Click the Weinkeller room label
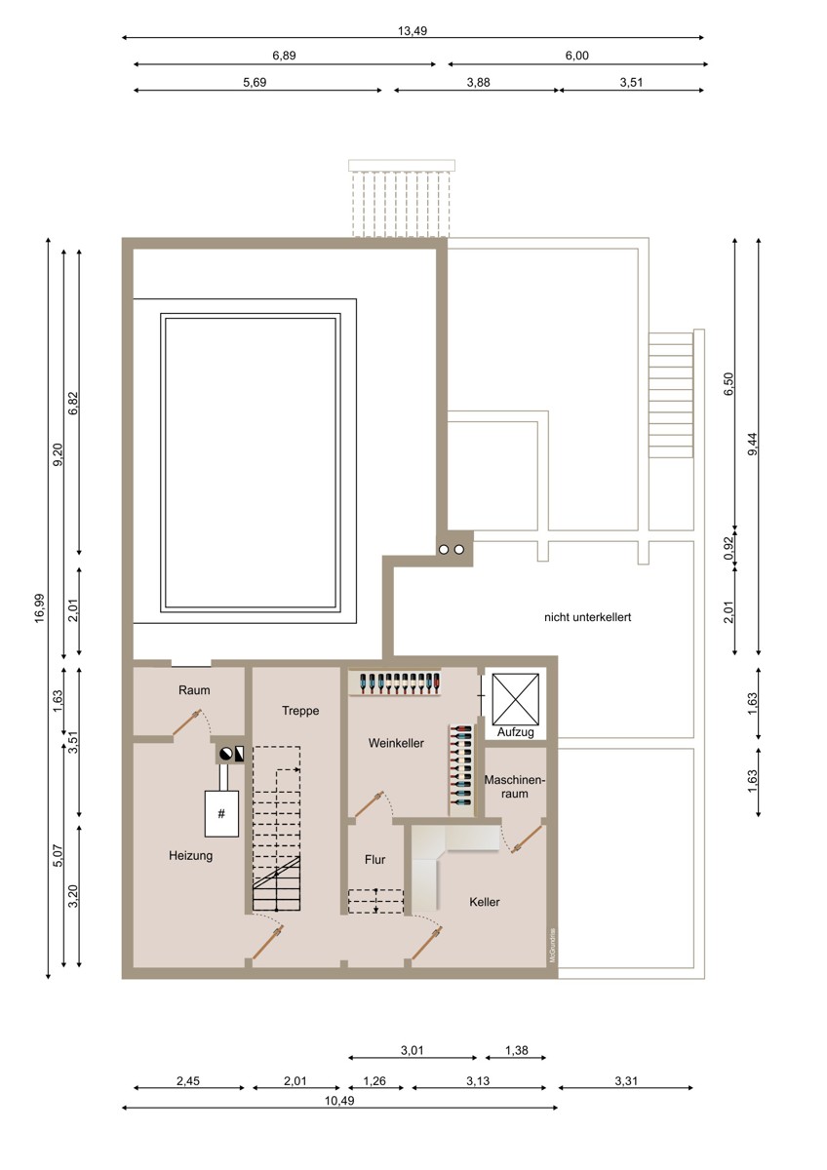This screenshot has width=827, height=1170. pyautogui.click(x=396, y=743)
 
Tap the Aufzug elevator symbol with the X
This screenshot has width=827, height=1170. pyautogui.click(x=515, y=699)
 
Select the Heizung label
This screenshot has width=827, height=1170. pyautogui.click(x=191, y=856)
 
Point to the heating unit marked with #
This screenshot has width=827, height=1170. pyautogui.click(x=221, y=813)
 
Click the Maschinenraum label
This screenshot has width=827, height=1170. pyautogui.click(x=515, y=787)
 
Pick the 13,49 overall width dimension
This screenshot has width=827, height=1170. pyautogui.click(x=413, y=31)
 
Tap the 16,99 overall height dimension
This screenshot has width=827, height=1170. pyautogui.click(x=40, y=608)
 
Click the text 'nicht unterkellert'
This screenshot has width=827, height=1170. pyautogui.click(x=588, y=617)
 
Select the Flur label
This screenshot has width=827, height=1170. pyautogui.click(x=375, y=859)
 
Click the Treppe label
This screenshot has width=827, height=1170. pyautogui.click(x=300, y=711)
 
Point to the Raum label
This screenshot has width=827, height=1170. pyautogui.click(x=194, y=690)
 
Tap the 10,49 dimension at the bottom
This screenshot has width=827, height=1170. pyautogui.click(x=339, y=1101)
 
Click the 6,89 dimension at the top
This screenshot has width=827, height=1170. pyautogui.click(x=284, y=56)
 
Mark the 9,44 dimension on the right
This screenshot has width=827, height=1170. pyautogui.click(x=752, y=445)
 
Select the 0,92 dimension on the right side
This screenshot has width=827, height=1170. pyautogui.click(x=729, y=548)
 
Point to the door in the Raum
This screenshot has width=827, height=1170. pyautogui.click(x=186, y=722)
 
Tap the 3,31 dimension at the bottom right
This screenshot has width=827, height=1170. pyautogui.click(x=626, y=1080)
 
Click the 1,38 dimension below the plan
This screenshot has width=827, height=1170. pyautogui.click(x=516, y=1050)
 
